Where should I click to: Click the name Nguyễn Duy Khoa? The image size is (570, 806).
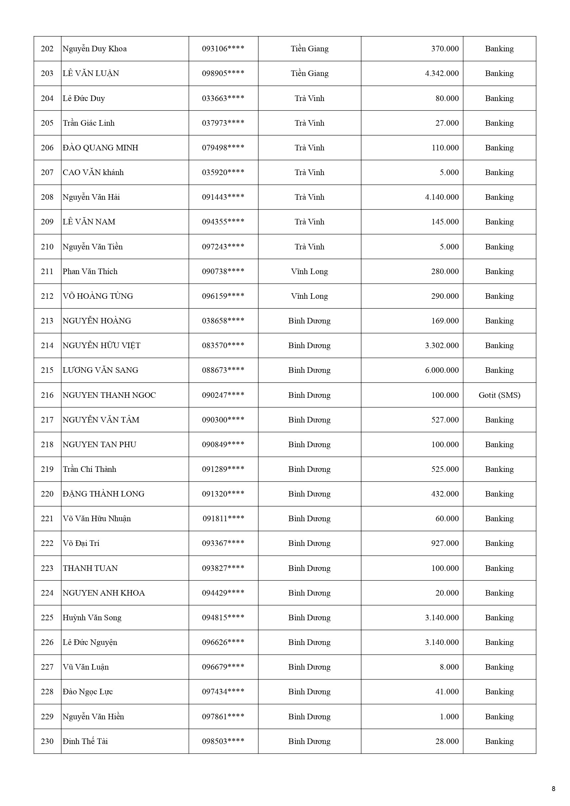click(x=95, y=49)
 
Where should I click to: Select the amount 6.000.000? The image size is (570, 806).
click(x=441, y=370)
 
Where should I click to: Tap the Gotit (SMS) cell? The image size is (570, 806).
click(x=499, y=395)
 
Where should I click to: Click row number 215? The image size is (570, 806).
click(x=47, y=370)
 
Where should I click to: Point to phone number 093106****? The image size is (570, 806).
click(x=223, y=49)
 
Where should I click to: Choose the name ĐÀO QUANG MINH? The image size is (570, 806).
click(x=100, y=148)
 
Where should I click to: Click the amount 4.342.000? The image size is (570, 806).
click(x=441, y=73)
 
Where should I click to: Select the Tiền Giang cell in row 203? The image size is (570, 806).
click(x=310, y=73)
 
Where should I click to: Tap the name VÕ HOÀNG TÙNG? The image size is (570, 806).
click(x=98, y=296)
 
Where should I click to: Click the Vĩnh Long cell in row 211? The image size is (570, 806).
click(x=310, y=271)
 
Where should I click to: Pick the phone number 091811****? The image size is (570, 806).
click(x=223, y=519)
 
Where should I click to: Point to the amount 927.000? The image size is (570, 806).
click(x=445, y=543)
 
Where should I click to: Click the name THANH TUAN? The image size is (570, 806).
click(x=90, y=568)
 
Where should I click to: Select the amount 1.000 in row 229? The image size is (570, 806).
click(x=449, y=716)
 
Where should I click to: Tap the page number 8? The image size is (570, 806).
click(x=553, y=789)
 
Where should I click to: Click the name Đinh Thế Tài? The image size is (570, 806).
click(x=85, y=741)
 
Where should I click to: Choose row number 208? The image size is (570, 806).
click(x=47, y=197)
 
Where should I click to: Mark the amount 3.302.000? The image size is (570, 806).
click(x=441, y=346)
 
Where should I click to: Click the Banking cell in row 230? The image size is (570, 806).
click(x=499, y=741)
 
